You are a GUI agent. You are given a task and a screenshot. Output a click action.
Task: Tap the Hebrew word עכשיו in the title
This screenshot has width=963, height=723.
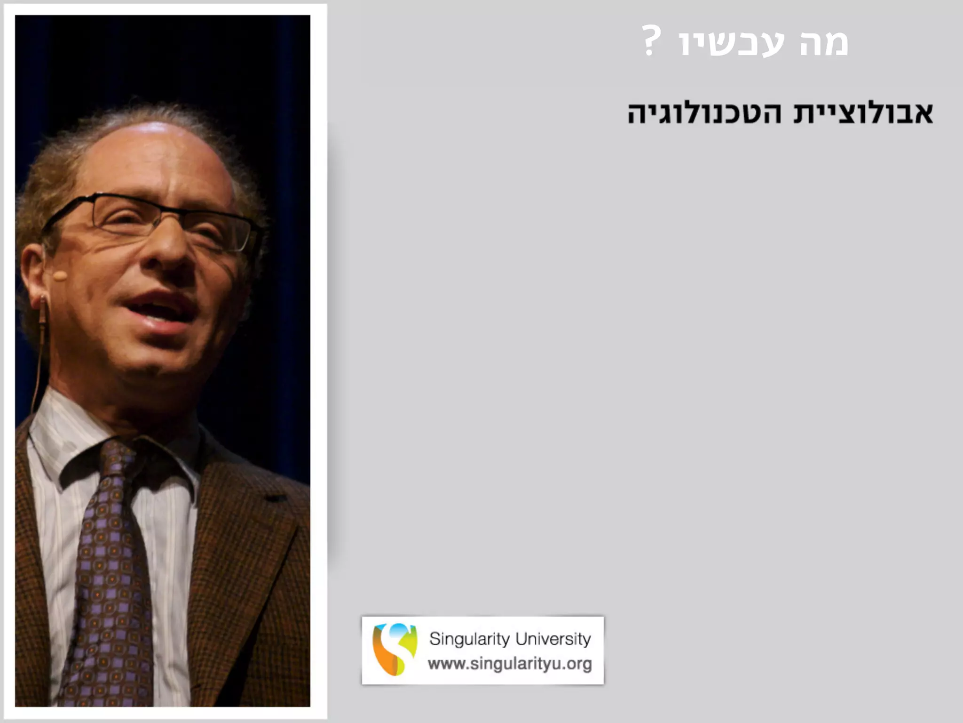point(732,43)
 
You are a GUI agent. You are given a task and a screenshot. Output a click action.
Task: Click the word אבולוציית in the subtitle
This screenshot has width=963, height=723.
point(863,113)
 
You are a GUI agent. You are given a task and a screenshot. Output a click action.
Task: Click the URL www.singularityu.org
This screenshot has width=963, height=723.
point(510,664)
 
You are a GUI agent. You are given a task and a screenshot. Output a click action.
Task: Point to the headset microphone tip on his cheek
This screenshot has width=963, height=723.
point(59,276)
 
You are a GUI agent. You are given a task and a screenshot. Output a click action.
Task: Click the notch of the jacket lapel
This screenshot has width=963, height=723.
point(273,499)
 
